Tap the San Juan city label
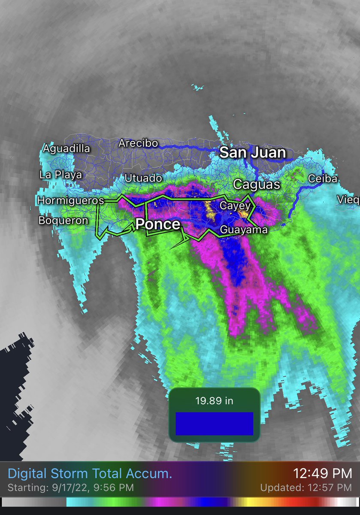coord(253,152)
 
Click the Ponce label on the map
coord(158,224)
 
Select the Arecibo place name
coord(138,143)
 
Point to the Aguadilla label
coord(67,149)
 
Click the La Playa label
coord(60,175)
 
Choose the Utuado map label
coord(143,178)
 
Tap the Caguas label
coord(256,185)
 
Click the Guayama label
coord(243,230)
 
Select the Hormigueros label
coord(70,200)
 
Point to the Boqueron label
coord(63,220)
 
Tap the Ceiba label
coord(323,179)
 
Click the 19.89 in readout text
coord(214,401)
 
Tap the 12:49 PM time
coord(322,473)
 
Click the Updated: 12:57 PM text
coord(306,488)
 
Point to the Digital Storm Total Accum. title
coord(90,474)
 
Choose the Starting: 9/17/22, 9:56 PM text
coord(71,488)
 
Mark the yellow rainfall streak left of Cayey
coord(210,210)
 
